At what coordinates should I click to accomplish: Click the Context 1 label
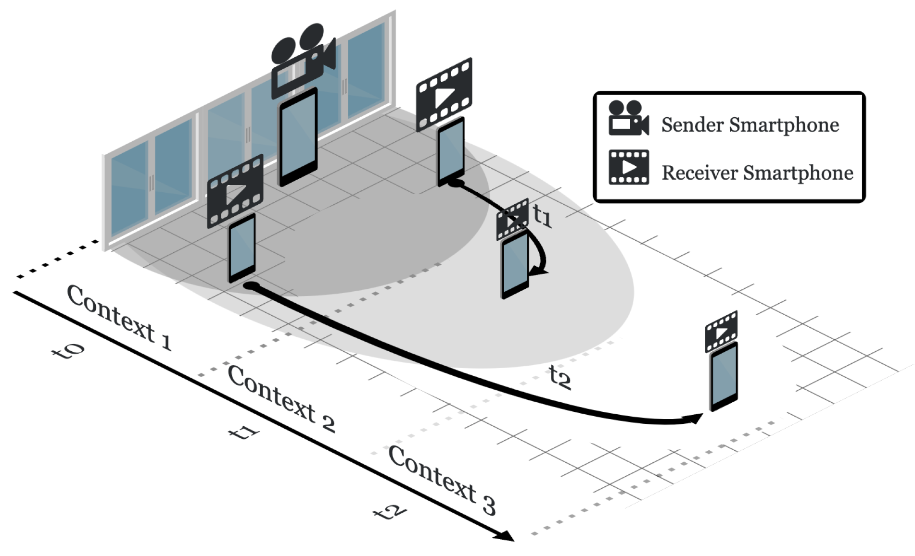pos(119,317)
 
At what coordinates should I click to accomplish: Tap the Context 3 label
pos(442,480)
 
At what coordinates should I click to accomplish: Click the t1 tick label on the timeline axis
pos(244,432)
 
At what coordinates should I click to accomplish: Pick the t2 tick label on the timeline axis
pos(390,512)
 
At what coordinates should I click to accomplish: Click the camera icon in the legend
pos(628,119)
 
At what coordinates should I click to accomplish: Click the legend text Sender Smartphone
pos(750,125)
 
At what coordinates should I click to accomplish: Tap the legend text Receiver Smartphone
pos(757,173)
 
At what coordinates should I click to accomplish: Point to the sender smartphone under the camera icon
pos(298,137)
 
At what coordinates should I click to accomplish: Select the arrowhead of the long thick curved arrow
pos(695,418)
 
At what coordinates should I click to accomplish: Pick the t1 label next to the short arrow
pos(543,215)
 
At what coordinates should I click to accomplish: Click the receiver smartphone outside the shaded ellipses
pos(724,377)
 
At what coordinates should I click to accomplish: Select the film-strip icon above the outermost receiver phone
pos(721,331)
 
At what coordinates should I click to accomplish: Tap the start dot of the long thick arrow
pos(251,286)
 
